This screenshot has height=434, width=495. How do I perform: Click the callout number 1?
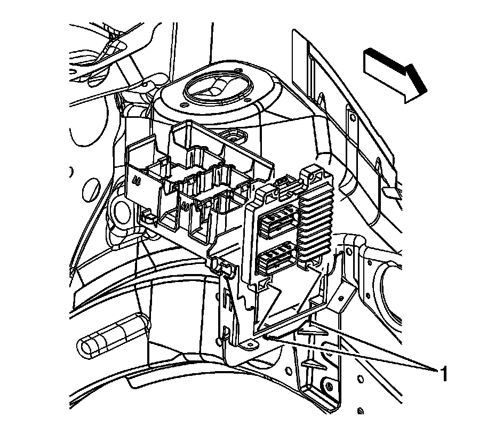[x=444, y=374]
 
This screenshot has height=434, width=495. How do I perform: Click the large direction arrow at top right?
[x=395, y=75]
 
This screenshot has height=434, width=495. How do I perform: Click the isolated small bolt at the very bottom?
[x=361, y=411]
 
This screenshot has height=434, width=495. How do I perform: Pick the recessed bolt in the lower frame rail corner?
[x=329, y=387]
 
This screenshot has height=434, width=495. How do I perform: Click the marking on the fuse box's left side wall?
[x=137, y=181]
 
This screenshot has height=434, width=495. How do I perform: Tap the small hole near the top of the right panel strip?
[x=353, y=118]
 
